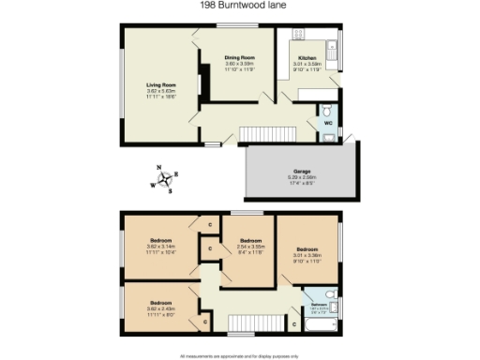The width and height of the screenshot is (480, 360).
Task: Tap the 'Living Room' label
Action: pyautogui.click(x=161, y=85)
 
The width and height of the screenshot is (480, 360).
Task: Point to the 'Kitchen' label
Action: pyautogui.click(x=308, y=58)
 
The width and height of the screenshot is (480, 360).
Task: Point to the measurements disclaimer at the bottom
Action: pyautogui.click(x=239, y=356)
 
